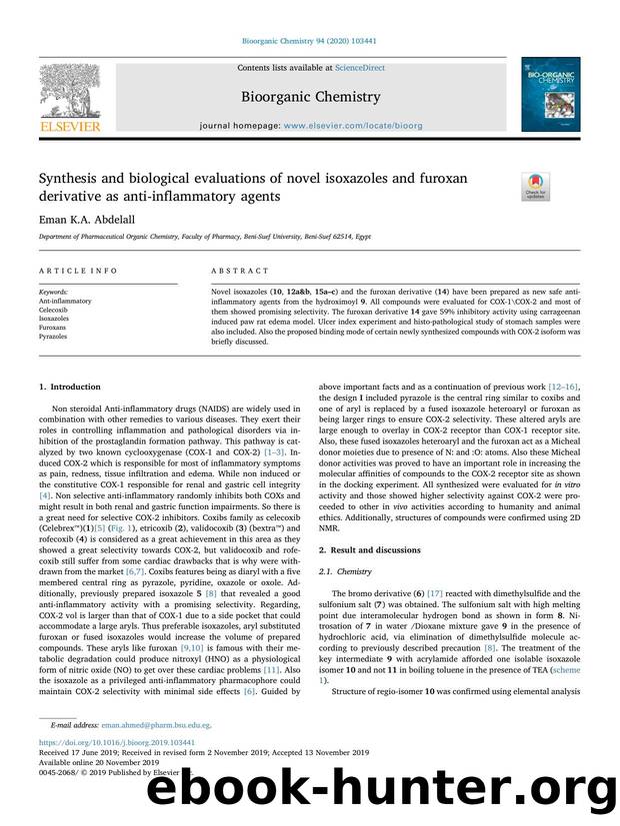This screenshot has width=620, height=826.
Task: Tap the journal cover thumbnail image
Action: [x=549, y=94]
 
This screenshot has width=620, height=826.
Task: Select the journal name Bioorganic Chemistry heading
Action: [x=309, y=97]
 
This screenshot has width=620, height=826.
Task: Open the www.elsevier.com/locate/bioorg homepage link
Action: [x=354, y=126]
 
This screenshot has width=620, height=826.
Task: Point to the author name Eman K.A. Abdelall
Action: [x=81, y=216]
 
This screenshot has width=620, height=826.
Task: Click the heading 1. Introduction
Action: [x=69, y=387]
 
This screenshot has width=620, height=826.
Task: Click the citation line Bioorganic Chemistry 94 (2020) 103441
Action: [x=309, y=41]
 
